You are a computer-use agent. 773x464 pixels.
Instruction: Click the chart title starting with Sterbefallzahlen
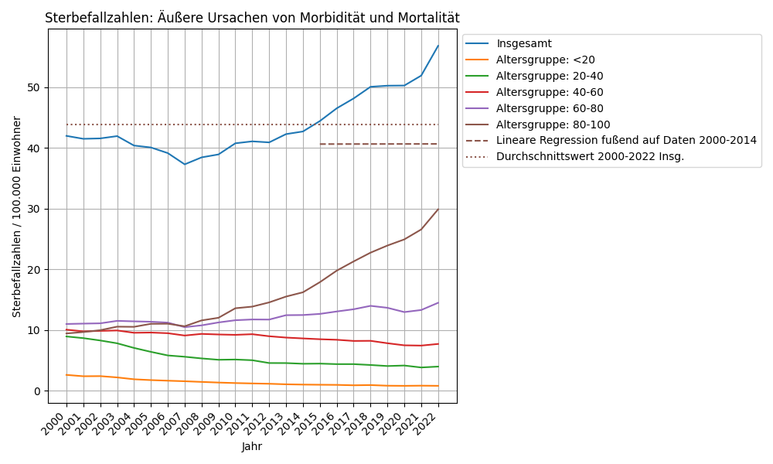coord(252,18)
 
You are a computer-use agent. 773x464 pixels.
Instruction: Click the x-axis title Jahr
coord(252,446)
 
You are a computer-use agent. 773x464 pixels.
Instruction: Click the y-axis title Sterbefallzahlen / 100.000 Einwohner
coord(17,217)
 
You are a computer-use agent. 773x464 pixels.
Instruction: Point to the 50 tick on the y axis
coord(33,87)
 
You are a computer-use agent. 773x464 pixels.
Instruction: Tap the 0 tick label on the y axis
coord(36,391)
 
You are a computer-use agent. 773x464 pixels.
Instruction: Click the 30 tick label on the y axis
coord(33,209)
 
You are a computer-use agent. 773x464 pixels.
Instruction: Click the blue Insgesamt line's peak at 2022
coord(438,46)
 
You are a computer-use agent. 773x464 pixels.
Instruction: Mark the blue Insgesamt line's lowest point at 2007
coord(185,164)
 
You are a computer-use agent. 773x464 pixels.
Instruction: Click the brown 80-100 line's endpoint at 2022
coord(438,209)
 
